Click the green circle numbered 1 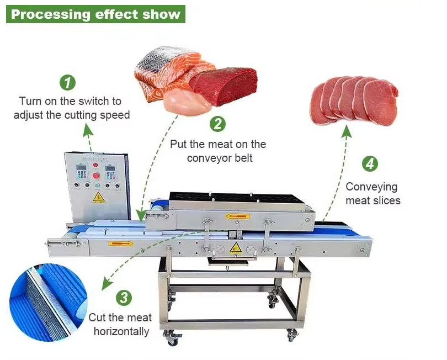[x=67, y=83]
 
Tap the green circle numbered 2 [x=219, y=124]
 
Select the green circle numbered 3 [x=124, y=298]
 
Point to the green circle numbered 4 [x=370, y=164]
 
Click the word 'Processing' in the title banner [x=46, y=14]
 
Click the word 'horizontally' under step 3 [x=121, y=332]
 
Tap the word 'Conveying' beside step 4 [x=371, y=187]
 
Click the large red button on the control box [x=96, y=176]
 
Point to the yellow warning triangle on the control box [x=98, y=197]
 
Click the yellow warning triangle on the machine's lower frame [x=235, y=247]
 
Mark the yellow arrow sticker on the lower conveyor [x=120, y=243]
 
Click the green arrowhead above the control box [x=87, y=130]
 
